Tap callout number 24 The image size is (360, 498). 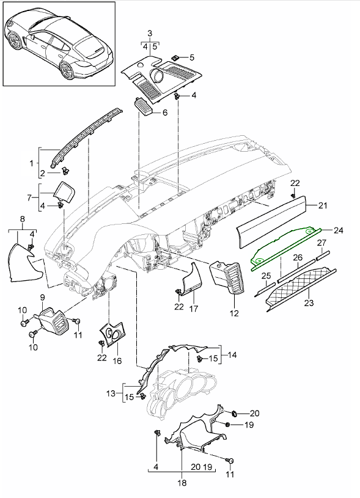(339, 230)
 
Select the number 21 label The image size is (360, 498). (323, 206)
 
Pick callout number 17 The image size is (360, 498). (194, 308)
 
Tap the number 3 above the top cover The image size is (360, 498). (150, 33)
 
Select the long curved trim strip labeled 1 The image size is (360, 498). (87, 137)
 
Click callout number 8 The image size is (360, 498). (22, 219)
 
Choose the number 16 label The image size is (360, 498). (117, 361)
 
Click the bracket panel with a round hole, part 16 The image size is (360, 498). (112, 335)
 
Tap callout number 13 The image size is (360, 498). (111, 393)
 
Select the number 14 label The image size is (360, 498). (232, 354)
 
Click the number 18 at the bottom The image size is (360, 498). (182, 483)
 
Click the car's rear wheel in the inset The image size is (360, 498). (67, 70)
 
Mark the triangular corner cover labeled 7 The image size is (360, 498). (64, 191)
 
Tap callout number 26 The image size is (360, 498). (298, 257)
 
